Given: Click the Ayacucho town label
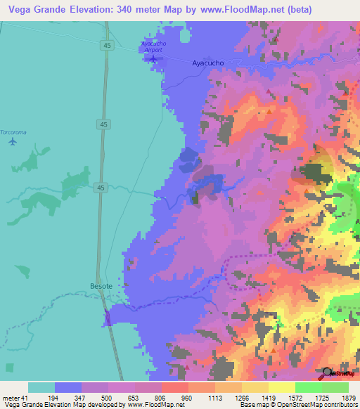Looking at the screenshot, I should [x=208, y=63].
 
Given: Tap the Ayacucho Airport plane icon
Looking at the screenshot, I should [x=153, y=58].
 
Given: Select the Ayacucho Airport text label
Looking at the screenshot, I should [x=153, y=46].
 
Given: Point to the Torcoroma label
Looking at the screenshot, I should [x=13, y=132].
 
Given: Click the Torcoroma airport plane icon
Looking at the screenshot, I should [x=13, y=141].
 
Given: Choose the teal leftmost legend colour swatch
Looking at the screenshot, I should [x=41, y=388].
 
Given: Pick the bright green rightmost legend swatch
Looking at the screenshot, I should [x=335, y=388].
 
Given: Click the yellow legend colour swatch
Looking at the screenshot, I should [x=282, y=388].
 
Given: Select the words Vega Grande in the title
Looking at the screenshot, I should [x=32, y=10].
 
